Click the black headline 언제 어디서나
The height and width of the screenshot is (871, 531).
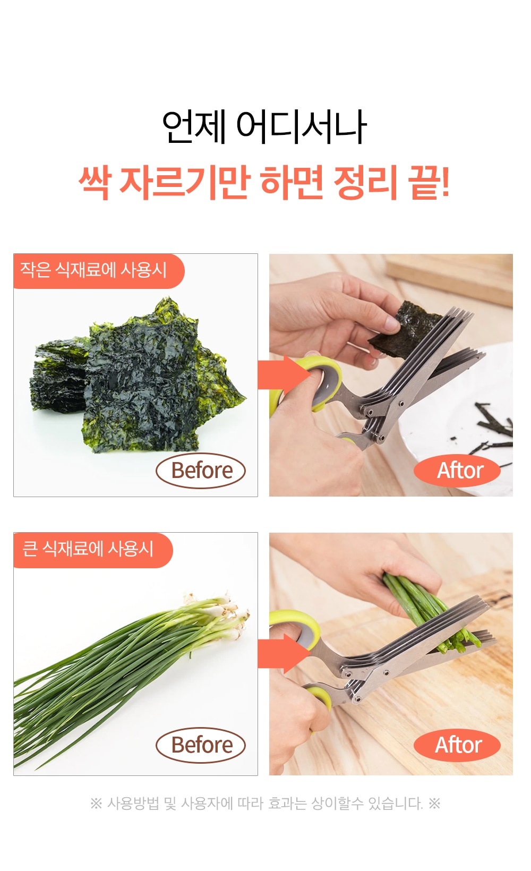click(264, 127)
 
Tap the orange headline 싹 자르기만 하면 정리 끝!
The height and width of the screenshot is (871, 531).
click(264, 182)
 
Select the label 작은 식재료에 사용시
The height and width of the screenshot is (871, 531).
click(93, 270)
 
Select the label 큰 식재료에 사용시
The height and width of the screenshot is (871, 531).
click(88, 549)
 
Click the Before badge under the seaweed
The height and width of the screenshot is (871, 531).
click(201, 471)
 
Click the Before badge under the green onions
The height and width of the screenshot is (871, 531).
click(201, 745)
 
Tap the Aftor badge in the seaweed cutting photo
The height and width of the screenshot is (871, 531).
click(457, 471)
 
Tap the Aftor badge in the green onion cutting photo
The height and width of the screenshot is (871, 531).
click(457, 745)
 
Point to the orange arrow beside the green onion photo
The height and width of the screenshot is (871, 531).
click(284, 654)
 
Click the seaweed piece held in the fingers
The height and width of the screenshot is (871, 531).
click(404, 329)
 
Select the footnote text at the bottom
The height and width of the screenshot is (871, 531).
click(265, 803)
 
